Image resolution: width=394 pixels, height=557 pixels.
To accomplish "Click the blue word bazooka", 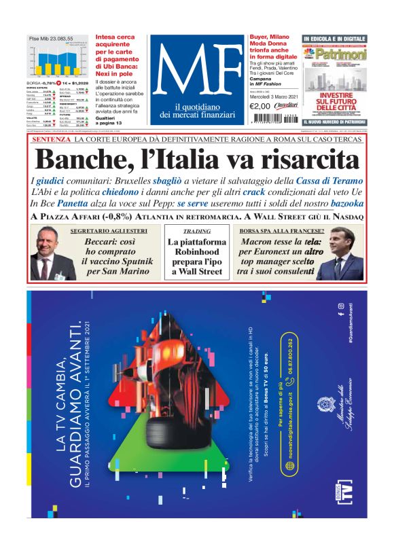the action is click(x=340, y=203).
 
